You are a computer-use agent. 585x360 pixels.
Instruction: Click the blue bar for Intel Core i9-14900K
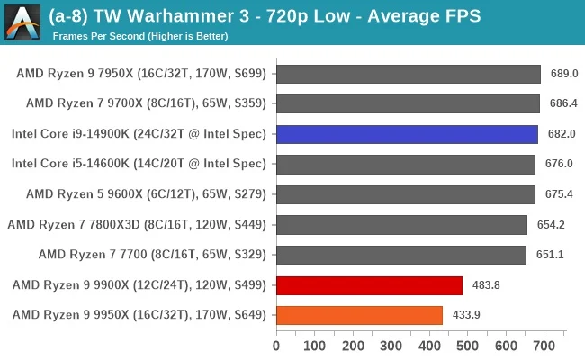407,135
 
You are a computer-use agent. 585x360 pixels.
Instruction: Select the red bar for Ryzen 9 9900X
369,285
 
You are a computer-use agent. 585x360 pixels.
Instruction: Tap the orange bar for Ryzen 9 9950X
359,315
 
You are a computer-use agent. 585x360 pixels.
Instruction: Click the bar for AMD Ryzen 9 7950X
409,74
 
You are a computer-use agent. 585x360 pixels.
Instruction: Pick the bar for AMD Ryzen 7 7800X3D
401,225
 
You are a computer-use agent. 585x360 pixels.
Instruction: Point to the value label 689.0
563,74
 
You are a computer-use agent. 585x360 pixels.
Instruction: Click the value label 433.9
465,315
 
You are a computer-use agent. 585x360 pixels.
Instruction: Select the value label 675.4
558,194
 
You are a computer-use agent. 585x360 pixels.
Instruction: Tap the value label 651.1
549,255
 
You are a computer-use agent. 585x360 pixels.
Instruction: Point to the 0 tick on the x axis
276,344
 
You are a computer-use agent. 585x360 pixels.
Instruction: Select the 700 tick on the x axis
544,344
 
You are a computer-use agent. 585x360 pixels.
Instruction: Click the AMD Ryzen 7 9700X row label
147,104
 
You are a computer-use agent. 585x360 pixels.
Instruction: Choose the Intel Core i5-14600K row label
139,165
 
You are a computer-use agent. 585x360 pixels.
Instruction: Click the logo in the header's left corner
22,22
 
